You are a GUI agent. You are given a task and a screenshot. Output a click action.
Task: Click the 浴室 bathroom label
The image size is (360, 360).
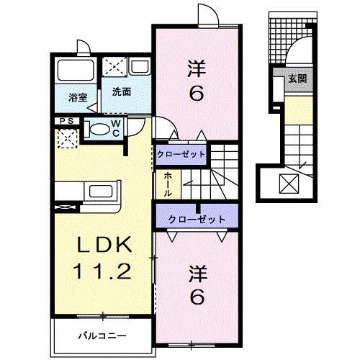(x=77, y=96)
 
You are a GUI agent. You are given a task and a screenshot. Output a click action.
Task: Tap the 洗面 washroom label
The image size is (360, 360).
(x=121, y=91)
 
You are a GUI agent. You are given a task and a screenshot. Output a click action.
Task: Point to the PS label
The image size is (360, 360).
(x=67, y=121)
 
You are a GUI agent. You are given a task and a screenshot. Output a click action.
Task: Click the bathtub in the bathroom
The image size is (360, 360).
(x=74, y=71)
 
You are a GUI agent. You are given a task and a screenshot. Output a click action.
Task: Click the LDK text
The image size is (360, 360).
(x=104, y=246)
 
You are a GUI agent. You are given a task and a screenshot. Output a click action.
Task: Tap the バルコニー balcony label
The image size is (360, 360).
(x=102, y=336)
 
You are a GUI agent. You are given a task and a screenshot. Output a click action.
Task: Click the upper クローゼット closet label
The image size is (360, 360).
(x=181, y=153)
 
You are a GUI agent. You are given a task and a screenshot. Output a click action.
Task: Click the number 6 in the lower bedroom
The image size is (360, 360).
(x=197, y=297)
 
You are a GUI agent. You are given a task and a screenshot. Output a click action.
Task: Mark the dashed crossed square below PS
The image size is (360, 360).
(x=68, y=137)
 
